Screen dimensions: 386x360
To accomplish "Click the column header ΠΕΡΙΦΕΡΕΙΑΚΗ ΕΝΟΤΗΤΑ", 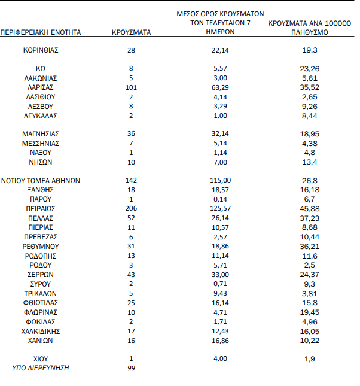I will coord(41,32).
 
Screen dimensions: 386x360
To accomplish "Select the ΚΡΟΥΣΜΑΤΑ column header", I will coord(131,32).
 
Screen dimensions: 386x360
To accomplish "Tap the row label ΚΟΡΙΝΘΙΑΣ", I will coord(41,50).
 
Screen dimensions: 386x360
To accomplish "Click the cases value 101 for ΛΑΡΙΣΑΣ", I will coord(131,87).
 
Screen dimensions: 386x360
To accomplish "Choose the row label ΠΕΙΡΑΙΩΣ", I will coord(41,209).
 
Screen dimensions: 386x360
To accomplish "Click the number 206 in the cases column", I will coord(131,209).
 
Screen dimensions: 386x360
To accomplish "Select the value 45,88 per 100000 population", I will coord(309,209).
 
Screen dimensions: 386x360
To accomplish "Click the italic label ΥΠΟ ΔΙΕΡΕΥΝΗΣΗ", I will coord(41,368).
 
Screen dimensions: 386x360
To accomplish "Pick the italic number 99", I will coord(131,368).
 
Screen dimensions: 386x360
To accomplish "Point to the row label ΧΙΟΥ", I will coord(41,358).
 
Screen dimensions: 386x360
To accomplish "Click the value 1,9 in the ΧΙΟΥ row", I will coord(309,358).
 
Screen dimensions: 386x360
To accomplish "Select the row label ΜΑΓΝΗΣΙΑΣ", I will coord(41,134).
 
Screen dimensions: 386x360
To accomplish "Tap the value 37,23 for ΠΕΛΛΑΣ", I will coord(309,218).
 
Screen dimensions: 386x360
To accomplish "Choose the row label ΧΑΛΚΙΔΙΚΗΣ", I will coord(41,330).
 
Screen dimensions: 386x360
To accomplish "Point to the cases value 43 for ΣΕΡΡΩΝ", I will coord(131,274).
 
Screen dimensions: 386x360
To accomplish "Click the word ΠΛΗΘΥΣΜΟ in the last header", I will coord(309,32).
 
